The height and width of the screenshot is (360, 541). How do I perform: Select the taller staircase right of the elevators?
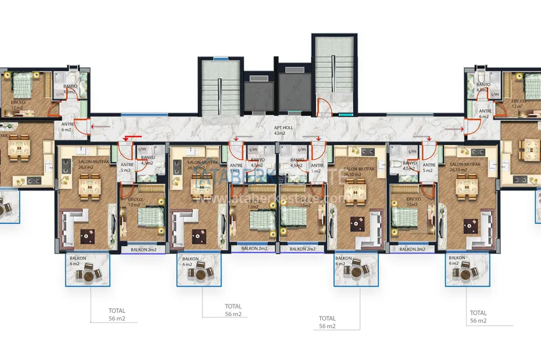click(331, 70)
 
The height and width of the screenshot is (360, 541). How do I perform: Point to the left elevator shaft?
click(258, 93)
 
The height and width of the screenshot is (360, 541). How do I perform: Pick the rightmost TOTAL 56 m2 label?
click(479, 317)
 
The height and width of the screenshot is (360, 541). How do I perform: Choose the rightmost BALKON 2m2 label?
click(411, 250)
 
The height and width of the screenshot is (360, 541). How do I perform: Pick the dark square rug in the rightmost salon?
click(471, 224)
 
